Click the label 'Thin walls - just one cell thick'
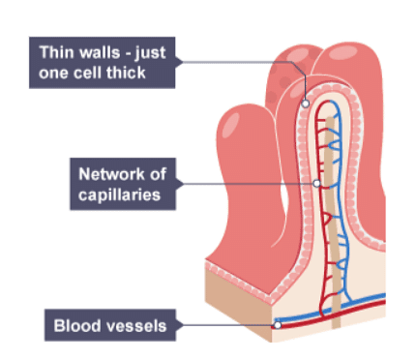click(102, 62)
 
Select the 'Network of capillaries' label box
click(120, 183)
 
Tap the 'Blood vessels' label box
click(109, 325)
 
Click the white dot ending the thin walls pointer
click(306, 102)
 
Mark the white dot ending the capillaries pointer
click(316, 183)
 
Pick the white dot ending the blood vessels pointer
click(278, 325)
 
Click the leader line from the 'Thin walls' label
click(242, 62)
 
